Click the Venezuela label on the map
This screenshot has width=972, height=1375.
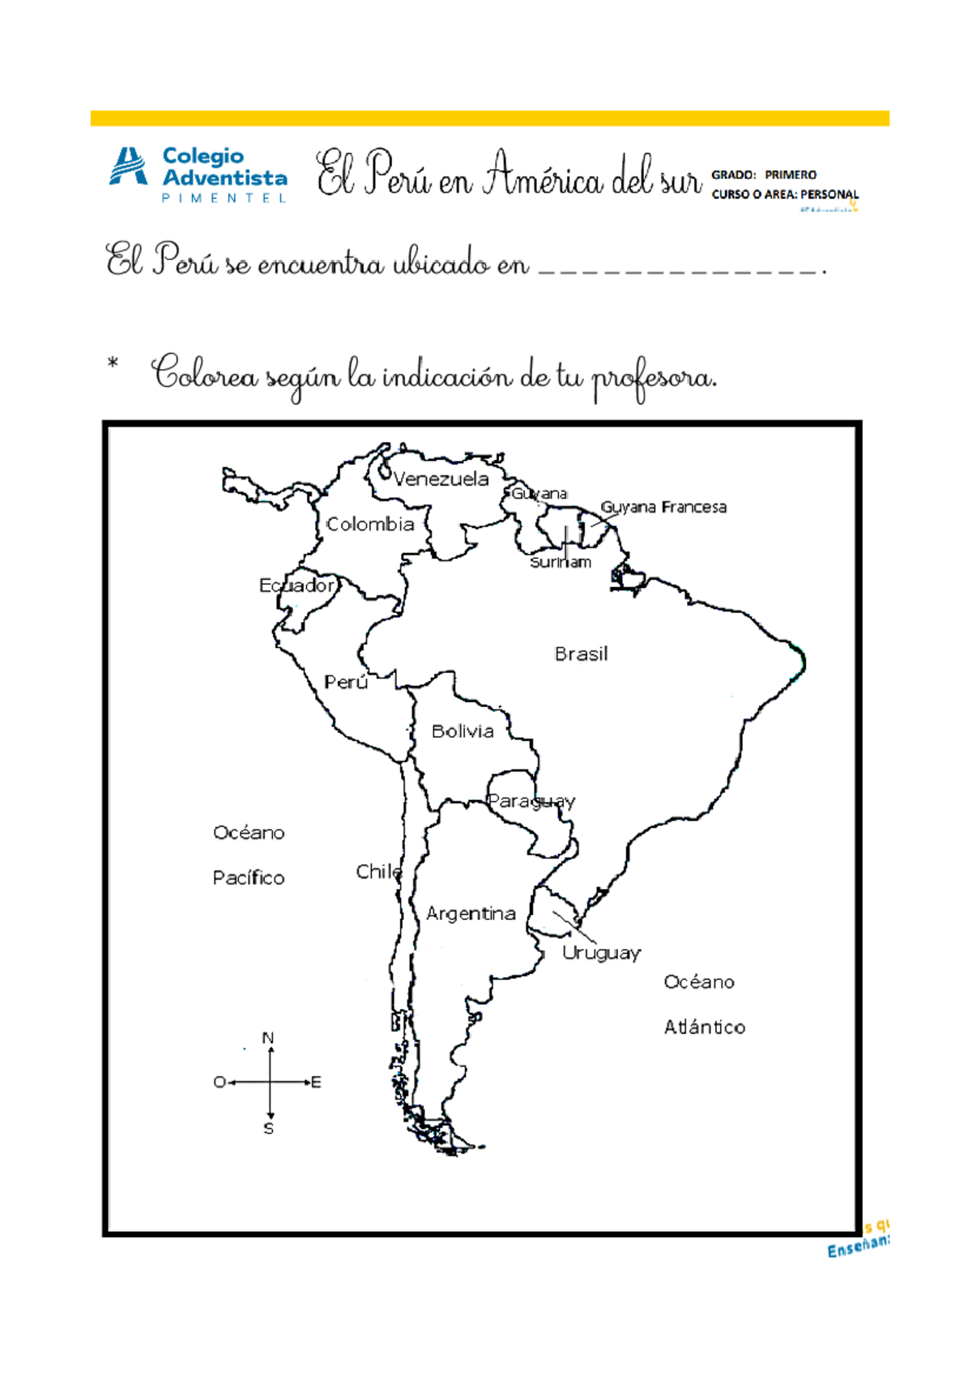click(441, 479)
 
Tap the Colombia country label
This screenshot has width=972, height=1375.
click(370, 524)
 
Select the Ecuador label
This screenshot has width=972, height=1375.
click(296, 585)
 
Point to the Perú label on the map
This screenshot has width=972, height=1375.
click(346, 682)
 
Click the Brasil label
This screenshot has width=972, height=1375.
click(581, 653)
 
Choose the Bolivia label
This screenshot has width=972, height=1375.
click(463, 731)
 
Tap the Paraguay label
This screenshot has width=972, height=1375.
click(531, 801)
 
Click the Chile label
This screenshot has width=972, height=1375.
click(378, 871)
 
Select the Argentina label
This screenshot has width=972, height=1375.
click(471, 913)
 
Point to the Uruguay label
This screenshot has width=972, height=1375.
click(601, 952)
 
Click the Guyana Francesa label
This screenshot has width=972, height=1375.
click(663, 507)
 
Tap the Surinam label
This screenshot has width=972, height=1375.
click(561, 562)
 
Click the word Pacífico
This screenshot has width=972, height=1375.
click(249, 878)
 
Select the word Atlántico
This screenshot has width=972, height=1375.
click(705, 1027)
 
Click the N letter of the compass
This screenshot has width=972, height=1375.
click(268, 1037)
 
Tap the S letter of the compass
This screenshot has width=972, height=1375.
click(269, 1128)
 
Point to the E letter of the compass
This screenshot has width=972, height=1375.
click(317, 1082)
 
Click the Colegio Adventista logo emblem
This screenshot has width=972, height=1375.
click(128, 167)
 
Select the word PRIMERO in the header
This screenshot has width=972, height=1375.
click(791, 175)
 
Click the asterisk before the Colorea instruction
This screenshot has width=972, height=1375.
click(113, 364)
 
